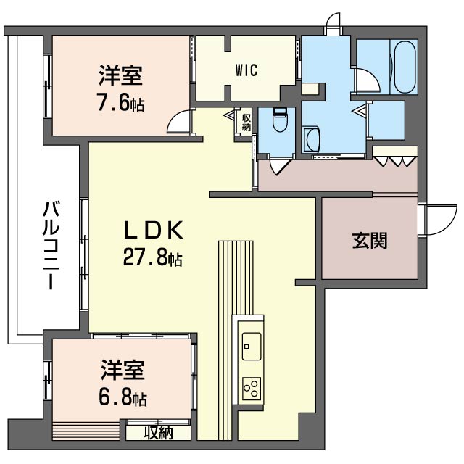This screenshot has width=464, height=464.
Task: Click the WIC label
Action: (x=246, y=70)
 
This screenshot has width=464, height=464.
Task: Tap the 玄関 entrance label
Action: (x=370, y=241)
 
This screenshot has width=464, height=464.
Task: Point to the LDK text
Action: (x=153, y=230)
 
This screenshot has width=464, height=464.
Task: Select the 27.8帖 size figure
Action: (x=152, y=257)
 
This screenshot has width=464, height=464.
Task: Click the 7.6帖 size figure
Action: (x=121, y=102)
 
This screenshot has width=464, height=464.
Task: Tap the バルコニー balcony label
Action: (x=51, y=245)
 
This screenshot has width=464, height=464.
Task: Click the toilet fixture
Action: (x=280, y=120)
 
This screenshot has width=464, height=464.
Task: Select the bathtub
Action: (x=404, y=67)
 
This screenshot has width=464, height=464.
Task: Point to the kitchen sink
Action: (x=252, y=347)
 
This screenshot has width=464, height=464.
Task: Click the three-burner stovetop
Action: (x=252, y=389)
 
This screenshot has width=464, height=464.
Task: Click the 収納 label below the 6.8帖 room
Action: (x=159, y=434)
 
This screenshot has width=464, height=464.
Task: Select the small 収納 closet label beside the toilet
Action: (x=246, y=123)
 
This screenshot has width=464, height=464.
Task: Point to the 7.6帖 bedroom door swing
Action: (x=179, y=121)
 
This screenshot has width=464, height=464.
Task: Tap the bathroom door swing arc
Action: (x=368, y=80)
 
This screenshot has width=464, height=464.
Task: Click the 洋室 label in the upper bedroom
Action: (x=121, y=75)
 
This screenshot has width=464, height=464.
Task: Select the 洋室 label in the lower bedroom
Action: (x=123, y=370)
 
